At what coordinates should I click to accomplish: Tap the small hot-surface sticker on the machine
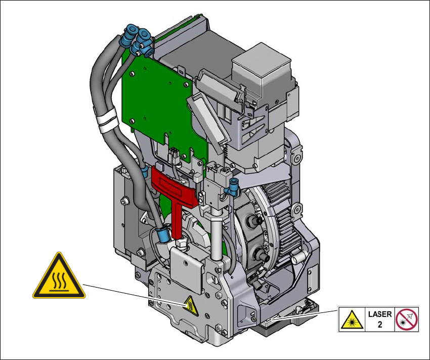click(x=191, y=306)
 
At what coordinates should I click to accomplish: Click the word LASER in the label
click(x=380, y=314)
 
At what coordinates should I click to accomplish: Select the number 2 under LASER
click(x=380, y=325)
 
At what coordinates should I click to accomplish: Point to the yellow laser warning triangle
click(x=352, y=320)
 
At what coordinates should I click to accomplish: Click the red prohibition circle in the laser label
click(x=407, y=319)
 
